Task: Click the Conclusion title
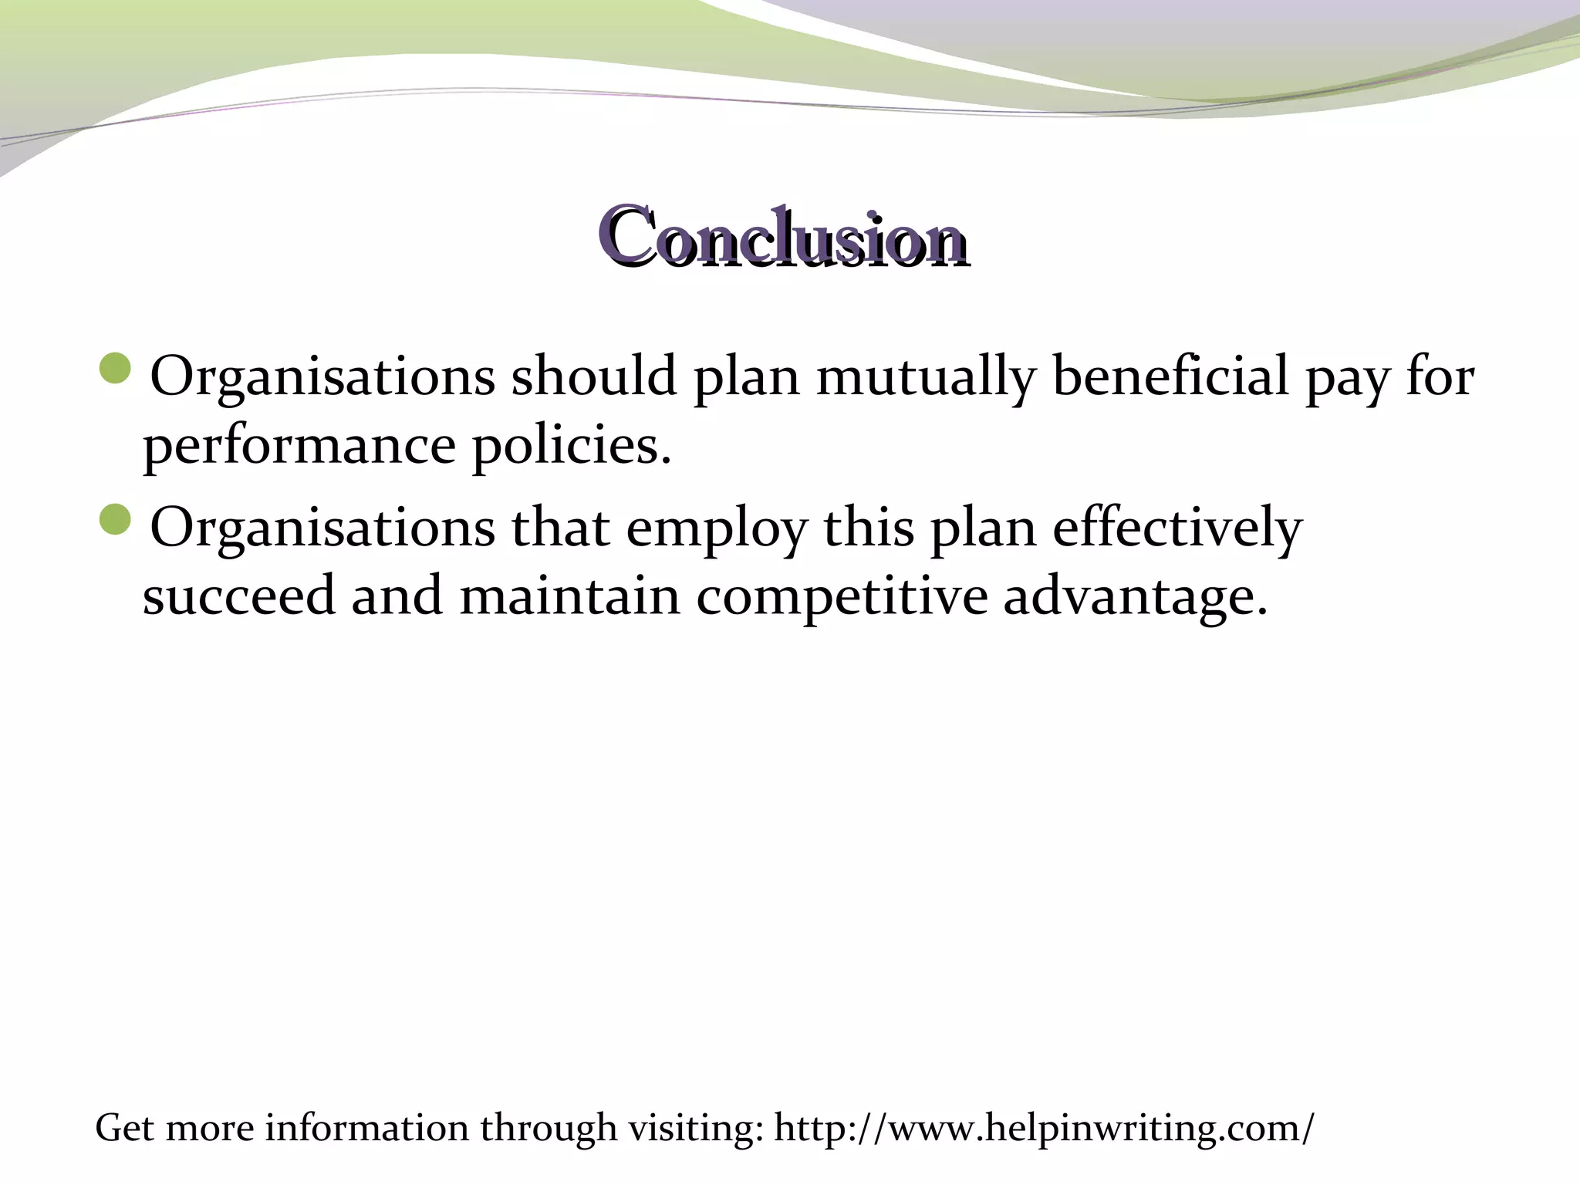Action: [783, 237]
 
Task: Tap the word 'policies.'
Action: [572, 446]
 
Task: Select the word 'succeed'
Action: [239, 596]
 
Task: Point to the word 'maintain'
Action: [570, 596]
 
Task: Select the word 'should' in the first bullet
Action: [593, 376]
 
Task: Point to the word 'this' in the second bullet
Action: [869, 528]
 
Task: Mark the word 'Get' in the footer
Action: [124, 1128]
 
